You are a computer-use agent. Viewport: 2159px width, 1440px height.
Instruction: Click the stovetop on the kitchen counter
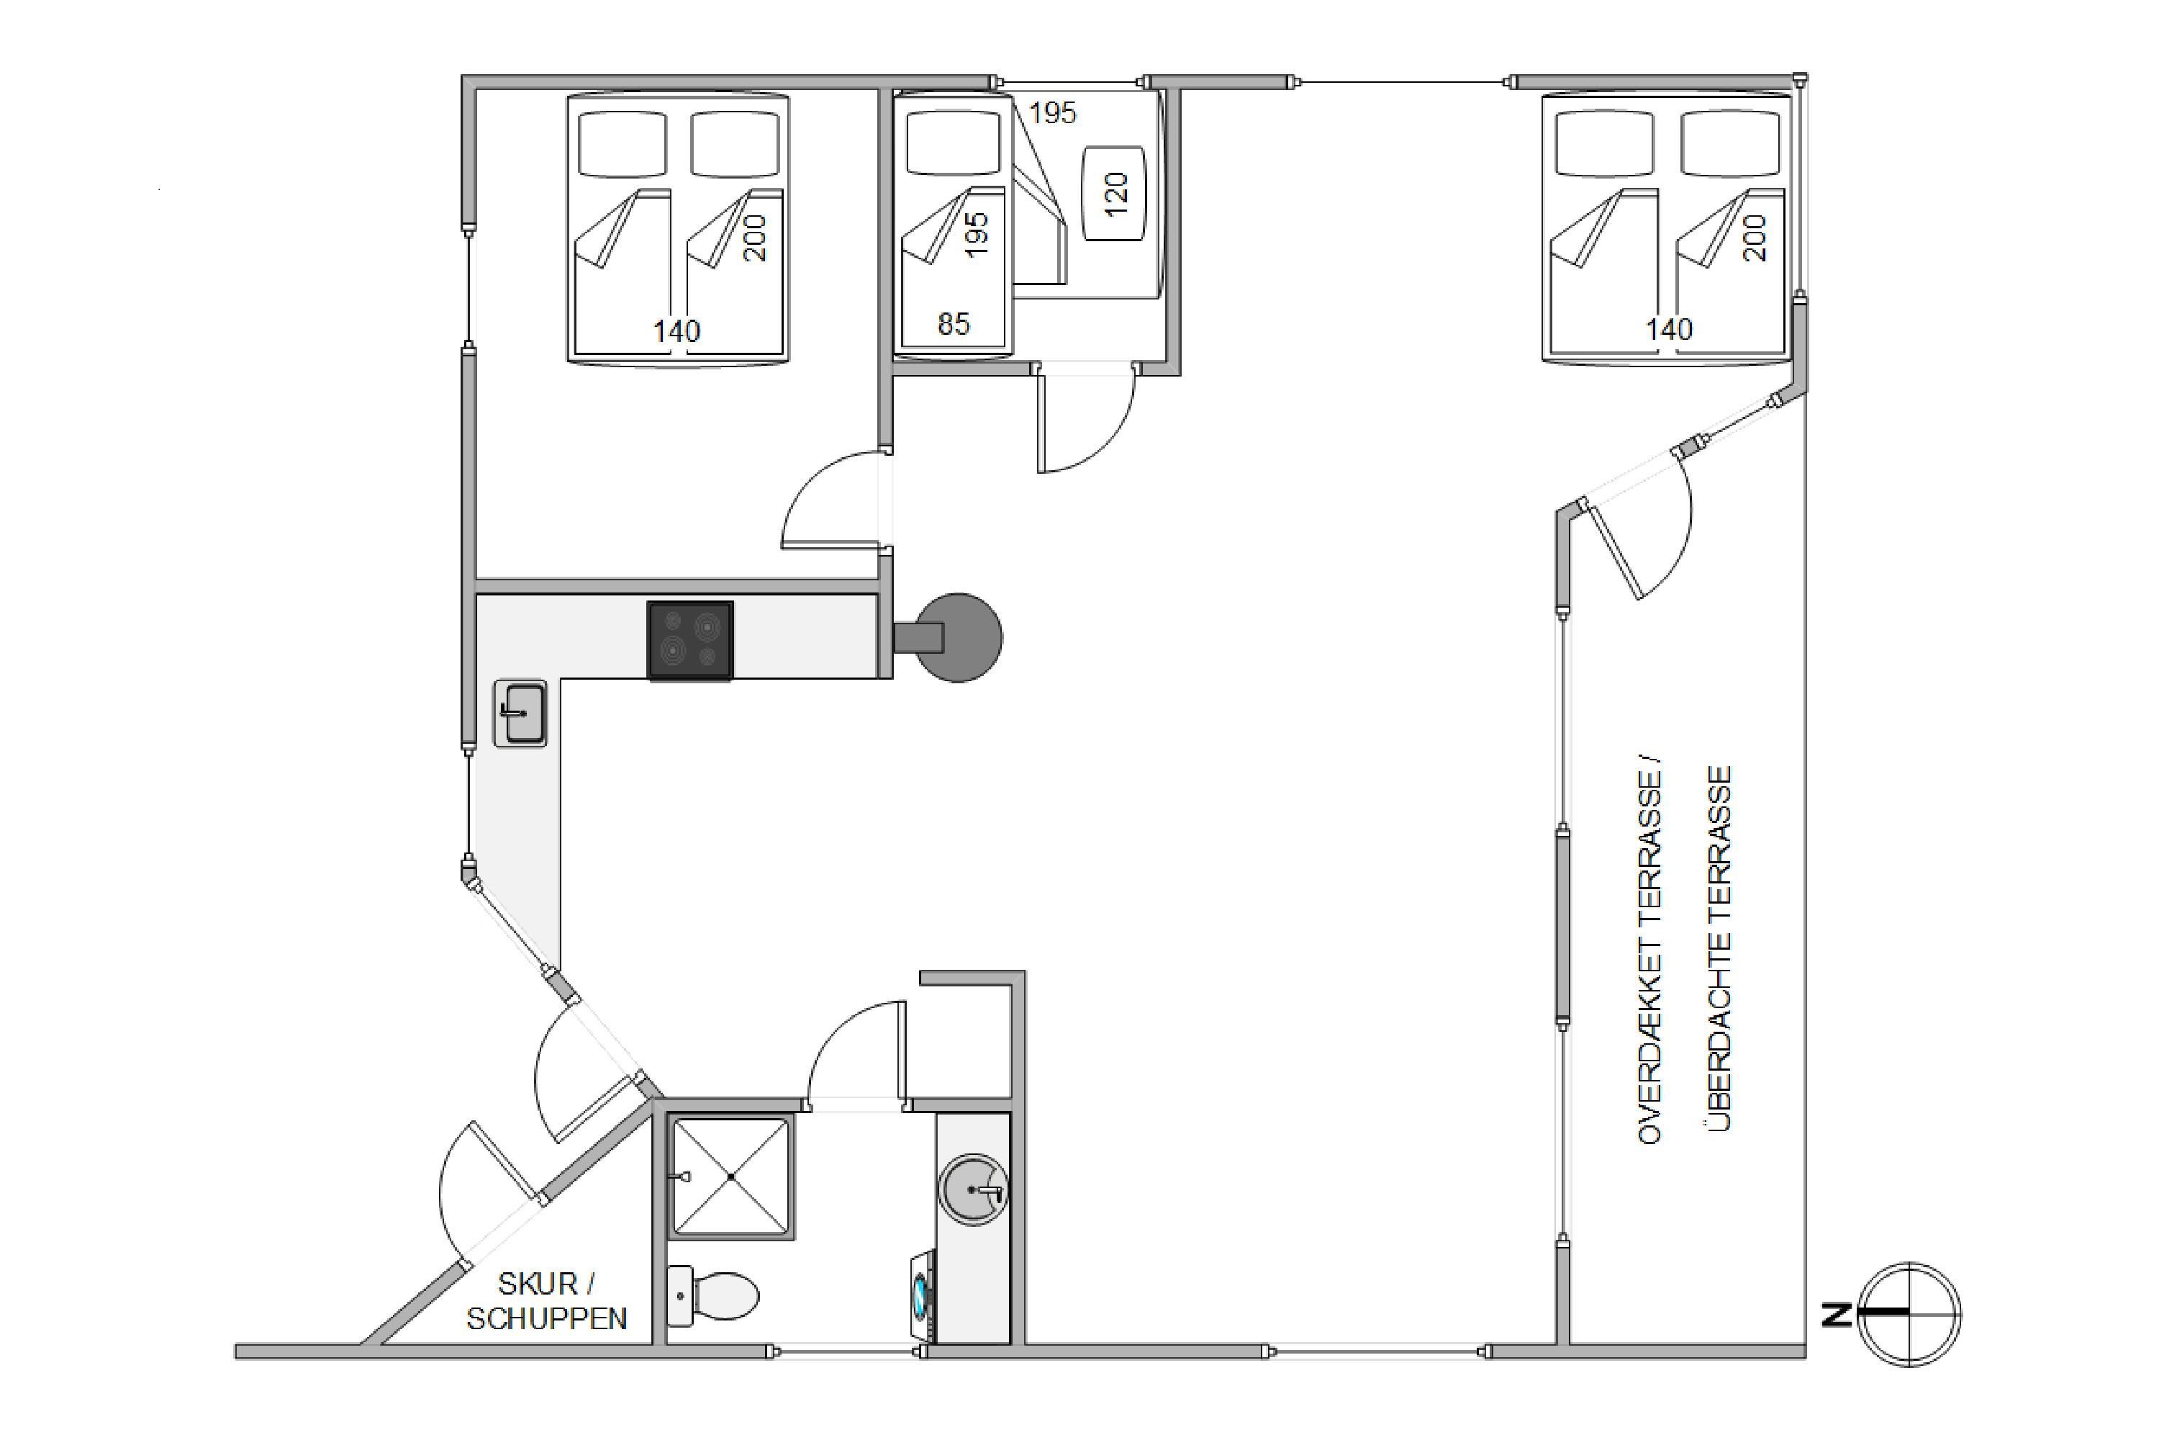pyautogui.click(x=690, y=640)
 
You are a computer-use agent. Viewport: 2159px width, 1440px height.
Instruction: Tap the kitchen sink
pyautogui.click(x=520, y=713)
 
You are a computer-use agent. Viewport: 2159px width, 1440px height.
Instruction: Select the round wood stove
pyautogui.click(x=955, y=637)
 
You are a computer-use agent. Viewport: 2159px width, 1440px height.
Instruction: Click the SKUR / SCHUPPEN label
pyautogui.click(x=547, y=1300)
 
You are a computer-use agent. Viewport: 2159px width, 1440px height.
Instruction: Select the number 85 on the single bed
pyautogui.click(x=954, y=323)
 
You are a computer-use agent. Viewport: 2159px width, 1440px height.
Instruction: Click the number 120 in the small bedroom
pyautogui.click(x=1115, y=194)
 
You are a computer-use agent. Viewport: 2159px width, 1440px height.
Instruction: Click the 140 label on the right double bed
pyautogui.click(x=1669, y=329)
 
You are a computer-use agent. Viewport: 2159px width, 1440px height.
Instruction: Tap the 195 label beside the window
pyautogui.click(x=1052, y=113)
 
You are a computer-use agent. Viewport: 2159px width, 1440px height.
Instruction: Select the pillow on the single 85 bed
pyautogui.click(x=953, y=143)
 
